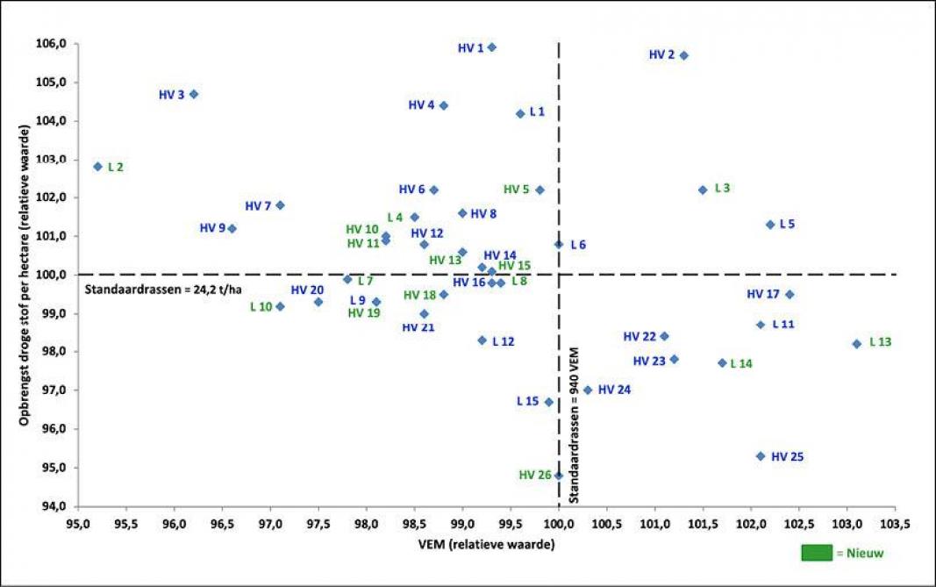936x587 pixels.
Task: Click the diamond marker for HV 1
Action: [491, 47]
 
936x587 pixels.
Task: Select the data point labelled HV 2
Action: [684, 55]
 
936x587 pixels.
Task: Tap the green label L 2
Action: [116, 167]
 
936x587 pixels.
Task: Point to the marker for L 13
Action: [857, 344]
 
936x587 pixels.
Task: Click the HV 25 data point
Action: [761, 456]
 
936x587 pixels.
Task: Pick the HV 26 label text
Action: [535, 475]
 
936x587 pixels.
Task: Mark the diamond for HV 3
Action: [194, 94]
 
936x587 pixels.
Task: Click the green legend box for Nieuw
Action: [817, 553]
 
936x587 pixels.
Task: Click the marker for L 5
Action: [770, 225]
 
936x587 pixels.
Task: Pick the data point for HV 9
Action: [232, 228]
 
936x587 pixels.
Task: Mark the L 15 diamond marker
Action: [549, 402]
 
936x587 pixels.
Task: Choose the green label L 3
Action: [722, 188]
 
